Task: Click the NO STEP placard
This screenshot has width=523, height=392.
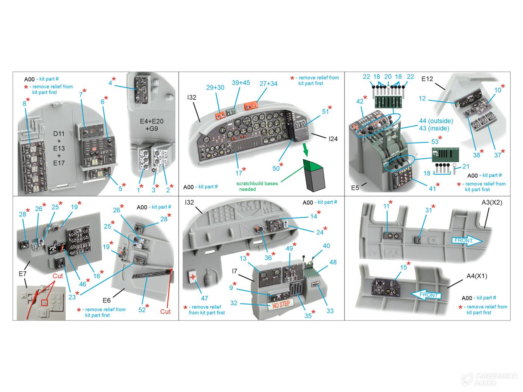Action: [281, 304]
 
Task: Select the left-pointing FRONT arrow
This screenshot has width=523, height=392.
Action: [426, 295]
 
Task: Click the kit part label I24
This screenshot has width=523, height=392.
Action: [333, 139]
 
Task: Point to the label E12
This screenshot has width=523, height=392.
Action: [427, 79]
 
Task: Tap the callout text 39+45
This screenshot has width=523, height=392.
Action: [241, 83]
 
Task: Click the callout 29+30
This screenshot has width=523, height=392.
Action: [215, 87]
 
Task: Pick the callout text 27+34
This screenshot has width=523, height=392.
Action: [268, 84]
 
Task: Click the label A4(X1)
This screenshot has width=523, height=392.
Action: [477, 276]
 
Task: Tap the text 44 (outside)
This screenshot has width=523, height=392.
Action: [436, 121]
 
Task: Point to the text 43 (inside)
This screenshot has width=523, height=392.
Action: [434, 128]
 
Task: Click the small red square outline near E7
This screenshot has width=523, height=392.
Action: [45, 303]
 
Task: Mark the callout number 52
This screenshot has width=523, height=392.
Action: [142, 309]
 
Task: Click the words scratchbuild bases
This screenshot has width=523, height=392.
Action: [257, 184]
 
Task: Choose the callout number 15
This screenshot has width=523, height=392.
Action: [403, 267]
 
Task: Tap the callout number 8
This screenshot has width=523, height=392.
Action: [24, 103]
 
